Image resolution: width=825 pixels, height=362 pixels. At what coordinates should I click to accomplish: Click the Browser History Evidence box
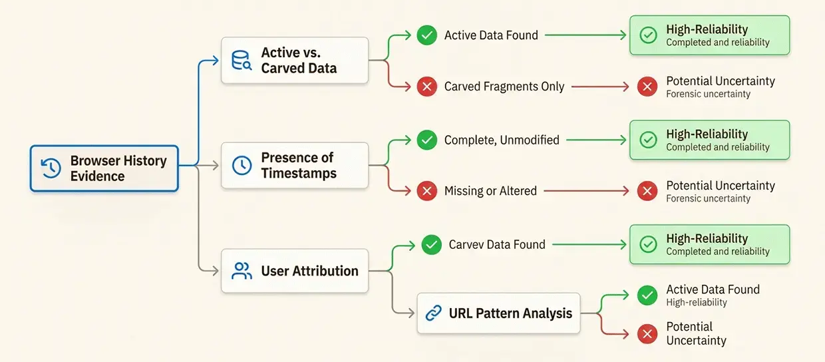(104, 168)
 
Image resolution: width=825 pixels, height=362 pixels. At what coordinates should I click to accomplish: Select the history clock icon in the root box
(51, 168)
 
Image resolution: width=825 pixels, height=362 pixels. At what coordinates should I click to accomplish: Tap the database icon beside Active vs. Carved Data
(242, 60)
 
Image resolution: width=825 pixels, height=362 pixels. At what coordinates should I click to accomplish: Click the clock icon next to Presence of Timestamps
(242, 165)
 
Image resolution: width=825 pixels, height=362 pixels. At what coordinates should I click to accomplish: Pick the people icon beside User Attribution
(242, 271)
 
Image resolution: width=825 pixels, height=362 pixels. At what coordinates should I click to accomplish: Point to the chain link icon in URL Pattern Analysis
(434, 313)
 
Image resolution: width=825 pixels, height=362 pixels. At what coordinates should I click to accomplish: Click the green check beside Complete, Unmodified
(427, 140)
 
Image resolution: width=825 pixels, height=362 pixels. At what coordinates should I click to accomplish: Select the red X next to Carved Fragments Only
(427, 87)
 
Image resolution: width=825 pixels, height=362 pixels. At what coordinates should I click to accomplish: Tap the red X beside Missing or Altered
(427, 191)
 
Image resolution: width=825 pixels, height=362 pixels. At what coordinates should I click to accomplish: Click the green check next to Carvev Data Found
(431, 244)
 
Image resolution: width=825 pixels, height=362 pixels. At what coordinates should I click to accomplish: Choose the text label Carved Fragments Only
(504, 87)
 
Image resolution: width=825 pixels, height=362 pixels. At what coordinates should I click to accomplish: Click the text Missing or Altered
(490, 191)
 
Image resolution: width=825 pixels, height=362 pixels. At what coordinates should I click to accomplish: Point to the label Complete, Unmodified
(502, 140)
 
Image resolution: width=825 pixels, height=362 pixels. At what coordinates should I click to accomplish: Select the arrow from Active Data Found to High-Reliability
(585, 35)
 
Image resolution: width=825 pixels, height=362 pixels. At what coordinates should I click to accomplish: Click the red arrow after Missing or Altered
(586, 191)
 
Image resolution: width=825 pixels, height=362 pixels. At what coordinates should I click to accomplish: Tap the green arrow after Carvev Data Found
(589, 244)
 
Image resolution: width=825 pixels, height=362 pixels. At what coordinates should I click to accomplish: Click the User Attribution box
(295, 271)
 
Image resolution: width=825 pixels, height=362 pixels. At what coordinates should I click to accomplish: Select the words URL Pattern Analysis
(510, 313)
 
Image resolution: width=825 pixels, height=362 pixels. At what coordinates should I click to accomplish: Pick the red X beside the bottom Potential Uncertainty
(647, 333)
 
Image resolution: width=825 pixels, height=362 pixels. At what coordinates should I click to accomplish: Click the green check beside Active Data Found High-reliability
(647, 295)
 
